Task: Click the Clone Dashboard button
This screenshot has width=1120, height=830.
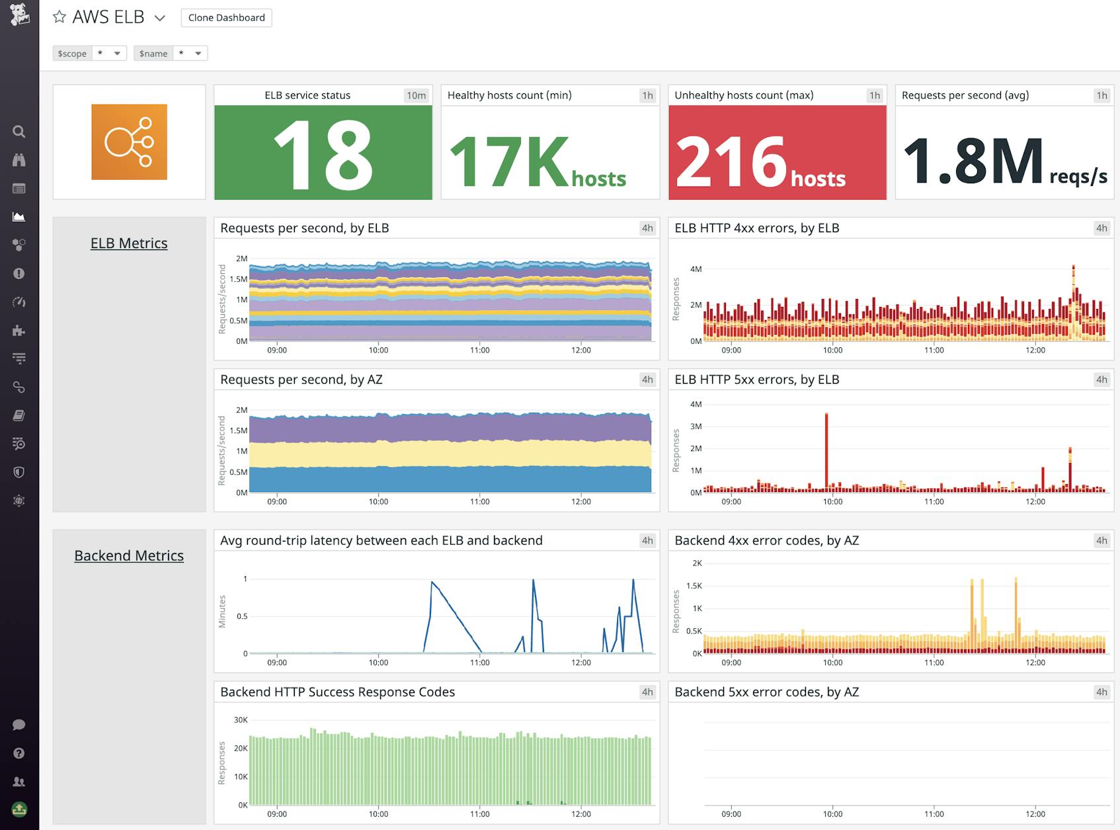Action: click(x=226, y=18)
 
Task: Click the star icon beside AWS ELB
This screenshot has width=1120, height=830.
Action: click(x=60, y=17)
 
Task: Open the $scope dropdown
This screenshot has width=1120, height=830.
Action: click(x=109, y=54)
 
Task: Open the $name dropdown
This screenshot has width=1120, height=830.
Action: click(x=190, y=54)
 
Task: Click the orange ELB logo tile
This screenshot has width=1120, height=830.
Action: click(x=129, y=142)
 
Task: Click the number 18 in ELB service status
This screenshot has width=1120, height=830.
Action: click(x=323, y=156)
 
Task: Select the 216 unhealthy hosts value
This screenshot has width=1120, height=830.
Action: click(x=731, y=161)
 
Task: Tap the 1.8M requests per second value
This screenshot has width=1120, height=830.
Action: click(x=973, y=161)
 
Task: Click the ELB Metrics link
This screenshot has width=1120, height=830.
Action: click(x=129, y=243)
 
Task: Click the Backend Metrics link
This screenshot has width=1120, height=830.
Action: click(x=129, y=556)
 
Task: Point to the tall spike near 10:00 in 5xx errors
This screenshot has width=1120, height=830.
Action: click(x=826, y=450)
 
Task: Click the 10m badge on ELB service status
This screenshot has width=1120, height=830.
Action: click(x=416, y=95)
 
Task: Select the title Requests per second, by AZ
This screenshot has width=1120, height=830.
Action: click(x=301, y=380)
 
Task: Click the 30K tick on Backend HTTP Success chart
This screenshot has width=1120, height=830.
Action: click(x=241, y=720)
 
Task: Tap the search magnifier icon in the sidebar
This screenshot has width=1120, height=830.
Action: click(x=19, y=132)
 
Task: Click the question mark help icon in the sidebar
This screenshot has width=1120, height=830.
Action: click(x=19, y=753)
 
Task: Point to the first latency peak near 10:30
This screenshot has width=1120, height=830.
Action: click(x=432, y=583)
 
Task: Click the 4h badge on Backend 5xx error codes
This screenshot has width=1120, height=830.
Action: click(x=1101, y=692)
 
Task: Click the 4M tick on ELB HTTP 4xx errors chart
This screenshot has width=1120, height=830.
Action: click(x=696, y=269)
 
